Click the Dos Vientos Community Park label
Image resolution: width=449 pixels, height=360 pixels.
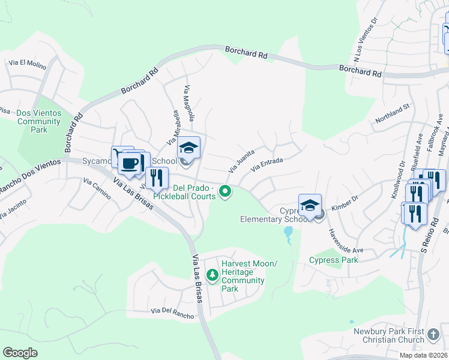point(39,121)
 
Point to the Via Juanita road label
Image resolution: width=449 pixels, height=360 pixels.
point(242,160)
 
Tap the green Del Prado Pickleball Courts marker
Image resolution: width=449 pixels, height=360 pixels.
point(226,192)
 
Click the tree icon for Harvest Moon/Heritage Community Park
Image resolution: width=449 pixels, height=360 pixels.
point(212,275)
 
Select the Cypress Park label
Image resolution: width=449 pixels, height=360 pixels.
point(333,260)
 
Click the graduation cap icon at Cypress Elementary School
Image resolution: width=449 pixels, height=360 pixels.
point(310,205)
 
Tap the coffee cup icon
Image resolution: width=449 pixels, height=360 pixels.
point(130,163)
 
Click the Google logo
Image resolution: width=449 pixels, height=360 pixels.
point(20,353)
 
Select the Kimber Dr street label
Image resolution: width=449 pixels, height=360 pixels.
point(343,206)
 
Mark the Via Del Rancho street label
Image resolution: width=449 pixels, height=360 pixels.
point(173,313)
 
